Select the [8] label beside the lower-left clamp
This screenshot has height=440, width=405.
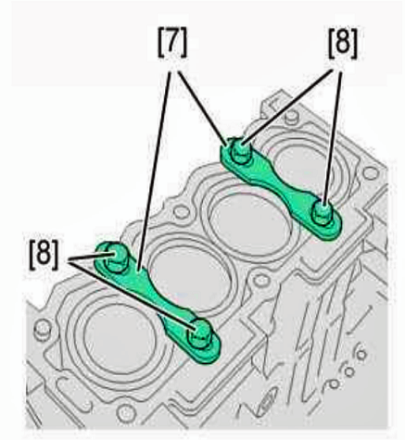pyautogui.click(x=44, y=256)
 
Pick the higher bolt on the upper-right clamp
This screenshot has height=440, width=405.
pyautogui.click(x=240, y=152)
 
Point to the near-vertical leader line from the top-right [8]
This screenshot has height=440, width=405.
pyautogui.click(x=333, y=137)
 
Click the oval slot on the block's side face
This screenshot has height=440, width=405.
pyautogui.click(x=266, y=400)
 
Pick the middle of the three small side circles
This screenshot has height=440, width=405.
pyautogui.click(x=349, y=371)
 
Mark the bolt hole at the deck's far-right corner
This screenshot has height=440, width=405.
pyautogui.click(x=370, y=173)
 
